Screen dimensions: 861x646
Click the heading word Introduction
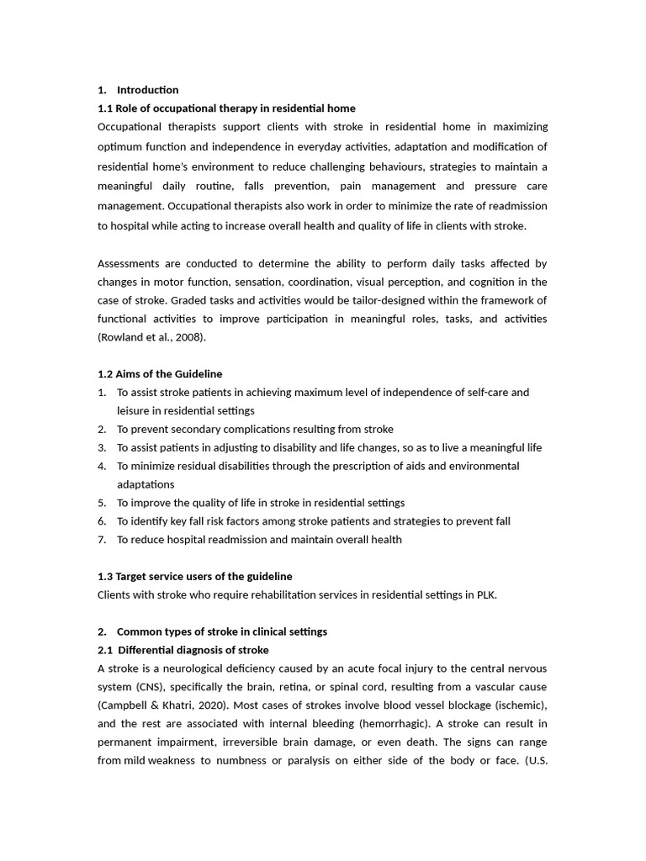[x=147, y=90]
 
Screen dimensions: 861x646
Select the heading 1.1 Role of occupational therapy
[x=226, y=108]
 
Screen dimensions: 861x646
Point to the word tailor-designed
[x=378, y=300]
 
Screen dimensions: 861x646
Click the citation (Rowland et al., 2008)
[x=151, y=337]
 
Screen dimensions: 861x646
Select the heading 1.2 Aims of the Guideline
[x=160, y=374]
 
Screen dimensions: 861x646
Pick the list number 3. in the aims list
[x=102, y=447]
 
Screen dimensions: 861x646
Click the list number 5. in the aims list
[x=102, y=503]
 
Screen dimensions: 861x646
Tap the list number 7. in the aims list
[x=102, y=540]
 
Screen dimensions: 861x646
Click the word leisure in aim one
[x=134, y=410]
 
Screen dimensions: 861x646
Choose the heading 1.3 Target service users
[x=195, y=576]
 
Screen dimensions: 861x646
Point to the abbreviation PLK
[x=485, y=594]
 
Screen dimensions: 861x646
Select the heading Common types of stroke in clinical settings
[x=222, y=631]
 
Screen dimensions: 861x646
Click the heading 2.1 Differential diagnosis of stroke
[x=183, y=650]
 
